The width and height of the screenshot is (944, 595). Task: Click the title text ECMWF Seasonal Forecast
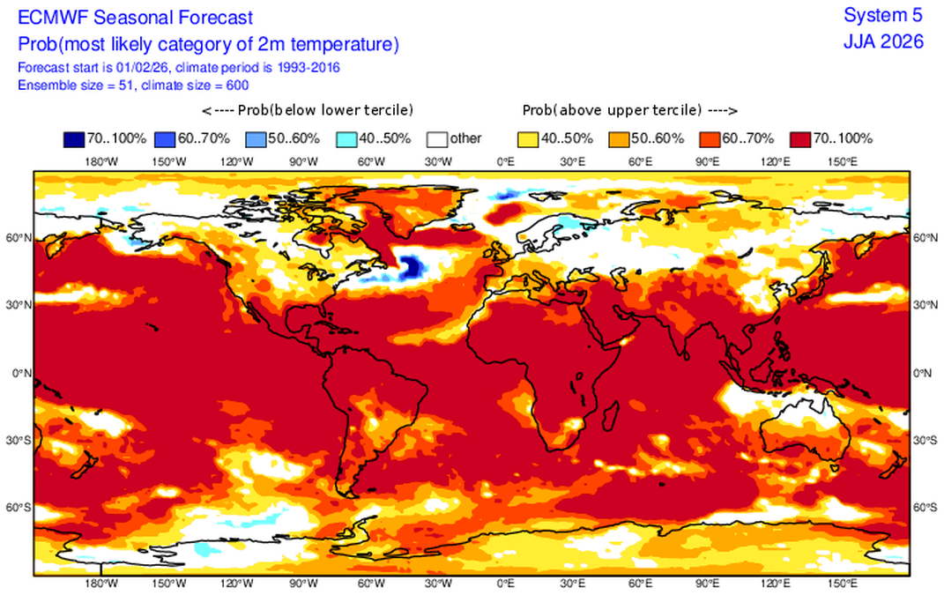tap(135, 17)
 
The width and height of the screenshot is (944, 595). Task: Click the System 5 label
tap(883, 15)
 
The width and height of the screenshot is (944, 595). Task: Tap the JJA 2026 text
tap(884, 41)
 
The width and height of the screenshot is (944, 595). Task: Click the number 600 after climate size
tap(236, 85)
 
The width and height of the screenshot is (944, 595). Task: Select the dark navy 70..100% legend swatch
tap(74, 138)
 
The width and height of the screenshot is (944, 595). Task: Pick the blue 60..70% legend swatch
tap(165, 138)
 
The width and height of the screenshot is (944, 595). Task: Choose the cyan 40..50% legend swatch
tap(346, 138)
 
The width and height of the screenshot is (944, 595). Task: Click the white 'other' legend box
tap(437, 138)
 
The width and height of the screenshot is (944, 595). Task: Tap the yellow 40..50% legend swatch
tap(528, 138)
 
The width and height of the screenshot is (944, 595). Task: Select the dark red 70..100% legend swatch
tap(800, 138)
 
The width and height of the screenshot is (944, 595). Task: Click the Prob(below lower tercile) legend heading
tap(308, 110)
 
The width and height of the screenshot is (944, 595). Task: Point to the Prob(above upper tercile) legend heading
tap(629, 110)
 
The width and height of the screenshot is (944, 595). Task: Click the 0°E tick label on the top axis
tap(506, 162)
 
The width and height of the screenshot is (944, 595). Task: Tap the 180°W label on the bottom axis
tap(101, 584)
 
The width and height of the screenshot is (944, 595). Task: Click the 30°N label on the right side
tap(925, 305)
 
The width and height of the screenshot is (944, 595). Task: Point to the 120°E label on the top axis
tap(776, 162)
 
